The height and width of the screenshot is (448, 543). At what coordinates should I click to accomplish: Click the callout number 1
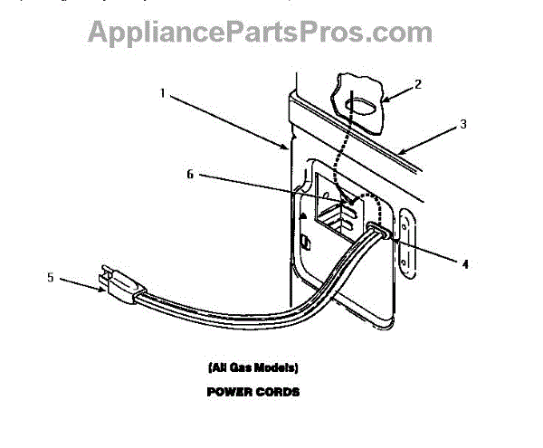(163, 91)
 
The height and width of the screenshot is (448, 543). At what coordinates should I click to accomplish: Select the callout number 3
(463, 124)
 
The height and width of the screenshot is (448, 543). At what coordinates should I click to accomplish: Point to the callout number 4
(464, 265)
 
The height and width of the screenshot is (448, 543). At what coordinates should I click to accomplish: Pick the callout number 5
(51, 278)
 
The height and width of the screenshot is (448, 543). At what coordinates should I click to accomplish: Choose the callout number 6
(190, 174)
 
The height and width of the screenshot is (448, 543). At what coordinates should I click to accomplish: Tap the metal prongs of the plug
(105, 272)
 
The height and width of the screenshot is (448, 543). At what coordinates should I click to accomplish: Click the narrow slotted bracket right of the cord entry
(407, 243)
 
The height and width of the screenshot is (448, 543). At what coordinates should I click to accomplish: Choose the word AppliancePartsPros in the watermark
(222, 33)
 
